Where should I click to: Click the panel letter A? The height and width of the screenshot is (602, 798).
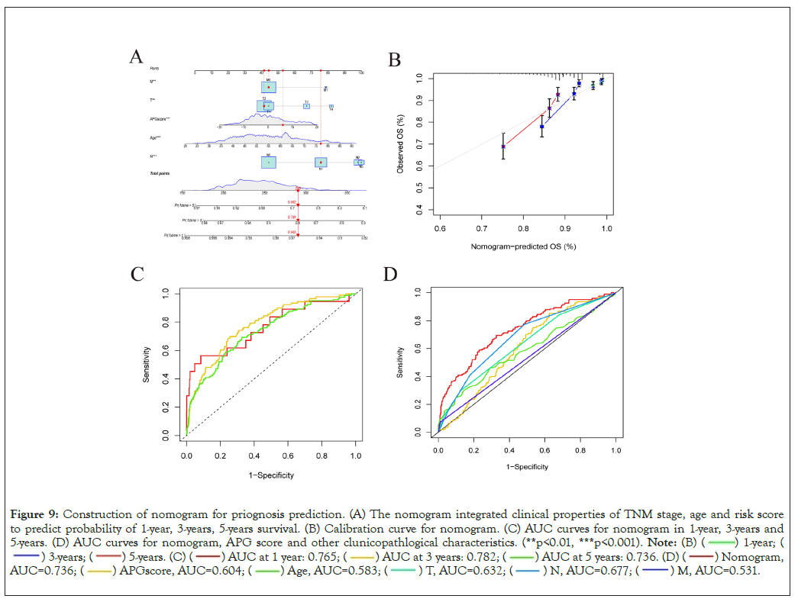coord(135,56)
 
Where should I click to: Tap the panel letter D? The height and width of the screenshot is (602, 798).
coord(390,274)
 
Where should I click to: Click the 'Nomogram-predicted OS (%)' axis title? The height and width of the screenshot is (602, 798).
coord(523,247)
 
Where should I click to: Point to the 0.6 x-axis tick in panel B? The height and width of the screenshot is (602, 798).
coord(440,227)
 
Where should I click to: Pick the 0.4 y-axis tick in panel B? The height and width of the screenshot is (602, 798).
coord(418,210)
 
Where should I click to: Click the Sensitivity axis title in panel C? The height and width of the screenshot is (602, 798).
coord(147,364)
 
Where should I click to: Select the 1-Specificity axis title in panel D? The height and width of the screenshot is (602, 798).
coord(527,467)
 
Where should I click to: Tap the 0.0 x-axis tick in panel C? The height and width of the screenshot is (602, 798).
coord(186,455)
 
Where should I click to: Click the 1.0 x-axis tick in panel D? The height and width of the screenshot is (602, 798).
coord(615,450)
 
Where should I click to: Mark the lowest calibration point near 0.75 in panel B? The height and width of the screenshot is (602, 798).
coord(503,146)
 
